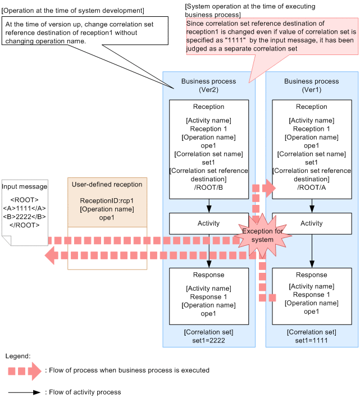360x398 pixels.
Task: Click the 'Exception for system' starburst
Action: point(258,235)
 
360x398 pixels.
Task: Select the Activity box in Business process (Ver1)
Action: point(311,223)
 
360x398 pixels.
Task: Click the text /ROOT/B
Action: point(208,187)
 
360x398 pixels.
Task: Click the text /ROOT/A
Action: point(312,187)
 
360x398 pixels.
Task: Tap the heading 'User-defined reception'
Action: point(107,184)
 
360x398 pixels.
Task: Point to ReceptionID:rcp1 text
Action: point(107,200)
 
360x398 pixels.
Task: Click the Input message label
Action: point(25,186)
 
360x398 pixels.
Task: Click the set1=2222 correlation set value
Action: point(208,340)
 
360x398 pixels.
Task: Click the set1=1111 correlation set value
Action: point(312,340)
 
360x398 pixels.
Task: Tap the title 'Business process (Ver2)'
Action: point(208,85)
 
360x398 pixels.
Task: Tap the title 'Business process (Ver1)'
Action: point(312,85)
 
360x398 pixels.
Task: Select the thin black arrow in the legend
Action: point(24,392)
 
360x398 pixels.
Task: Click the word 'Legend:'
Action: point(17,356)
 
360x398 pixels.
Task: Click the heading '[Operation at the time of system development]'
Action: point(72,11)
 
